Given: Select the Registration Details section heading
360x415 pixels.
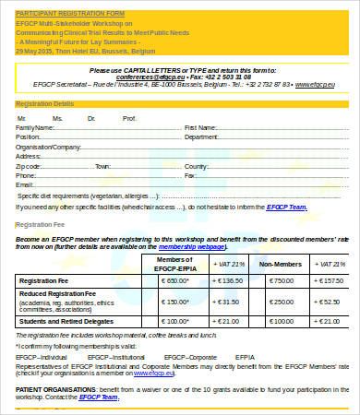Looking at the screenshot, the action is tap(45, 104).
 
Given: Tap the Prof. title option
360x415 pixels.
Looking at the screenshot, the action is tap(129, 118).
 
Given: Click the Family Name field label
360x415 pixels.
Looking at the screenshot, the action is tap(36, 128).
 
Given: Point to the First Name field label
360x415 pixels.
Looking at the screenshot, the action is tap(201, 128).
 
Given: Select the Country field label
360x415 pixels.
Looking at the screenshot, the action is tap(197, 166).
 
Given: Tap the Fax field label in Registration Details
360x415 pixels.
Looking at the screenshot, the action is tap(190, 175).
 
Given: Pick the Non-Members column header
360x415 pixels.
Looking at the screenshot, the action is tap(277, 263).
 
